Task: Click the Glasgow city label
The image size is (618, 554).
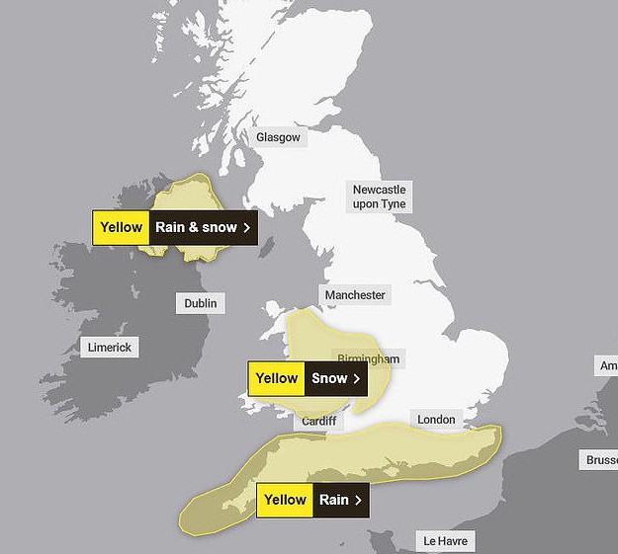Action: pos(278,137)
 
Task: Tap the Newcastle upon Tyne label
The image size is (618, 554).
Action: pos(380,197)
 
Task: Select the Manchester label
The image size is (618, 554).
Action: pos(355,295)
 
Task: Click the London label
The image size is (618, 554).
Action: pos(436,420)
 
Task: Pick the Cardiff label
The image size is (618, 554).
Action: pos(319,422)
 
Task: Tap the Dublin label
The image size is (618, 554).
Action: pos(201,303)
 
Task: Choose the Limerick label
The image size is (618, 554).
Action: pos(109,348)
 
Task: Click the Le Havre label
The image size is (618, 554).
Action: pos(444,541)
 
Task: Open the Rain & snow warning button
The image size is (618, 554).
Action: pos(203,227)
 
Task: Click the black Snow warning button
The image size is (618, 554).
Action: pos(335,378)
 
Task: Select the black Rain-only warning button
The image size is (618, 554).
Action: pos(341,500)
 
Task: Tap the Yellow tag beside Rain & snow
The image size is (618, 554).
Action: pos(121,227)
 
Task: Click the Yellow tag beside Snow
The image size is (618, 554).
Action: pos(276,378)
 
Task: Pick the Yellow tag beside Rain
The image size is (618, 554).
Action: pos(285,500)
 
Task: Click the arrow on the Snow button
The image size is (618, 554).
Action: pos(356,378)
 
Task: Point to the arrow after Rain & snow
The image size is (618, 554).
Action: pos(246,227)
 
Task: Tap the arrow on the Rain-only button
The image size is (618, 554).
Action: pos(358,500)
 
